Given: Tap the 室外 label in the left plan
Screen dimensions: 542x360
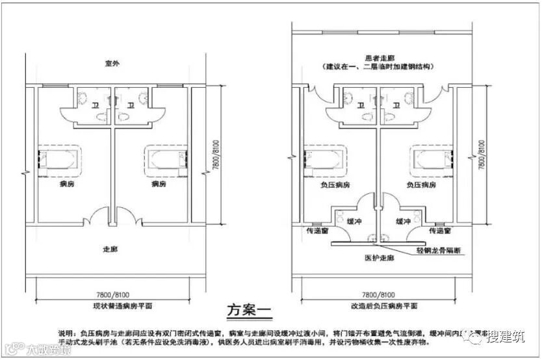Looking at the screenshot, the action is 114,64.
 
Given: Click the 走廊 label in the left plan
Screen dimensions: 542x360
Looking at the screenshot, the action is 110,249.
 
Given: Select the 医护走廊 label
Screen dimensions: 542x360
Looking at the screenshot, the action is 379,257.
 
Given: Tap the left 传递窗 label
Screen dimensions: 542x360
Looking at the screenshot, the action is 316,231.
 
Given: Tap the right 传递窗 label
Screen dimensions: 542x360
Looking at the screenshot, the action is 440,231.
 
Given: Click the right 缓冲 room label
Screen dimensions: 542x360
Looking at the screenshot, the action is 404,221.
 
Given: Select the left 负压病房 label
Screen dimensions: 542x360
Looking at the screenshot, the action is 335,185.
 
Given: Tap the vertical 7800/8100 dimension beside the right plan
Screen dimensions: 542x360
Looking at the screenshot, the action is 482,154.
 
